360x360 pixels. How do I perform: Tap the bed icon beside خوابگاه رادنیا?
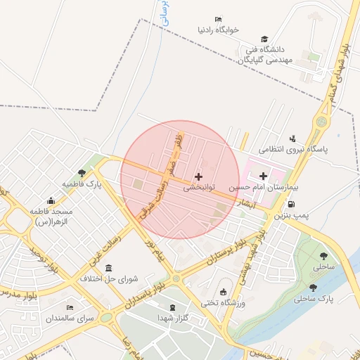pyautogui.click(x=218, y=19)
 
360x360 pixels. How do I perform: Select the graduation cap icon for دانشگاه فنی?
pyautogui.click(x=264, y=39)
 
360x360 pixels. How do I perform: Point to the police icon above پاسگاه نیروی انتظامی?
pyautogui.click(x=292, y=138)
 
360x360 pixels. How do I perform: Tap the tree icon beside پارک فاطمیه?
pyautogui.click(x=82, y=172)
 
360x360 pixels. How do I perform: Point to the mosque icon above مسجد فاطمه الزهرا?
pyautogui.click(x=50, y=200)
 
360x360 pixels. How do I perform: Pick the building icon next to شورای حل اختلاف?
pyautogui.click(x=108, y=268)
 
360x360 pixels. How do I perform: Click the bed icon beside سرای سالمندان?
pyautogui.click(x=69, y=307)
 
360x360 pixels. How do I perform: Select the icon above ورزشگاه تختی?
pyautogui.click(x=224, y=292)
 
